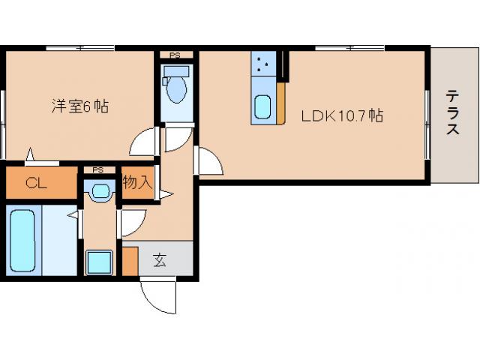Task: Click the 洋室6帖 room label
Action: [79, 106]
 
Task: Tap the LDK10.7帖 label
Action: [343, 116]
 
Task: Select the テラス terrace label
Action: [453, 112]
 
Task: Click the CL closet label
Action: [34, 182]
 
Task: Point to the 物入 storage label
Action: [138, 181]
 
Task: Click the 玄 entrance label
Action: [160, 260]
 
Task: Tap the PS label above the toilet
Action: [175, 55]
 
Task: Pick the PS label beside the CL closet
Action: [98, 170]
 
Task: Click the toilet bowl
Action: [176, 89]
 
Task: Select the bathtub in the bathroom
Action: [25, 240]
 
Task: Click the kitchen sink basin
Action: [263, 108]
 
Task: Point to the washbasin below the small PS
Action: [99, 192]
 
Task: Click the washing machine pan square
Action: [98, 262]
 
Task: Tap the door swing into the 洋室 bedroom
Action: [142, 142]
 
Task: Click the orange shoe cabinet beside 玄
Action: [130, 260]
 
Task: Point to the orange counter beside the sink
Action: [280, 103]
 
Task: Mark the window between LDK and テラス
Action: [428, 124]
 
